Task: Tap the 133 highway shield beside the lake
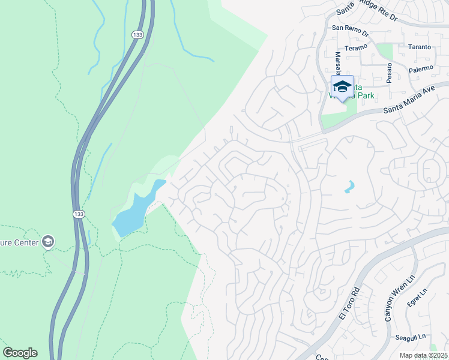coord(79,214)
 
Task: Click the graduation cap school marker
coord(342,86)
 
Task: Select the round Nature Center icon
coord(47,242)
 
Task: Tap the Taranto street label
coord(418,47)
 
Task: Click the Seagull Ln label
coord(410,338)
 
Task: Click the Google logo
coord(20,353)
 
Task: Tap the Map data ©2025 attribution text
coord(423,355)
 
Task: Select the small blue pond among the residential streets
coord(349,187)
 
